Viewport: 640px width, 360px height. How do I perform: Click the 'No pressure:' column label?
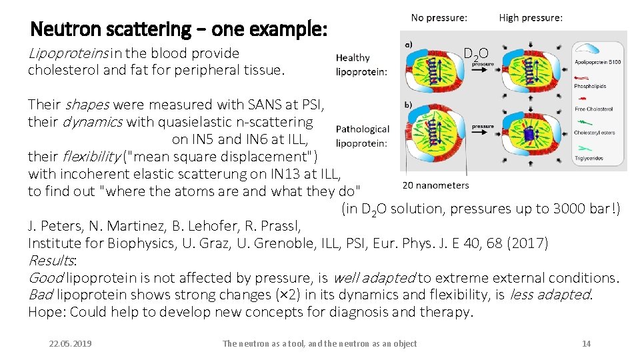439,17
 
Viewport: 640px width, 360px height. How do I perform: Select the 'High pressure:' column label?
530,17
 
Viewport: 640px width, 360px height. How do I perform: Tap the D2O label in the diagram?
476,54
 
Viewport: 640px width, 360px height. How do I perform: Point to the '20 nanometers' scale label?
436,185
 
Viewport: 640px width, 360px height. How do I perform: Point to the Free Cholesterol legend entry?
593,109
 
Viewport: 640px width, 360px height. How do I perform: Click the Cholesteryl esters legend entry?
594,133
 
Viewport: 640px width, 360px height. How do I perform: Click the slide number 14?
586,343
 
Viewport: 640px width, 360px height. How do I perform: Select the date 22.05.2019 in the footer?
71,343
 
